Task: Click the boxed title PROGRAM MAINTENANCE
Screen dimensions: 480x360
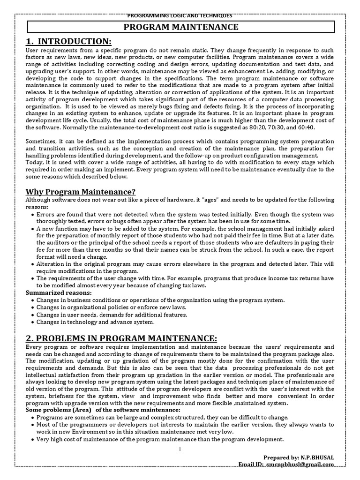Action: (180, 28)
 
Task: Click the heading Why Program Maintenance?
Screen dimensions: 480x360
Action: (80, 191)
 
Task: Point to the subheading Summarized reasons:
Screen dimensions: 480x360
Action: (58, 292)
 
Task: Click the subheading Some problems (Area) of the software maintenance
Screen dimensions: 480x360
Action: (102, 410)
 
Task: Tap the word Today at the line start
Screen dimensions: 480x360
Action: (34, 162)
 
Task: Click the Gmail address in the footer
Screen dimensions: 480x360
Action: (300, 464)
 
